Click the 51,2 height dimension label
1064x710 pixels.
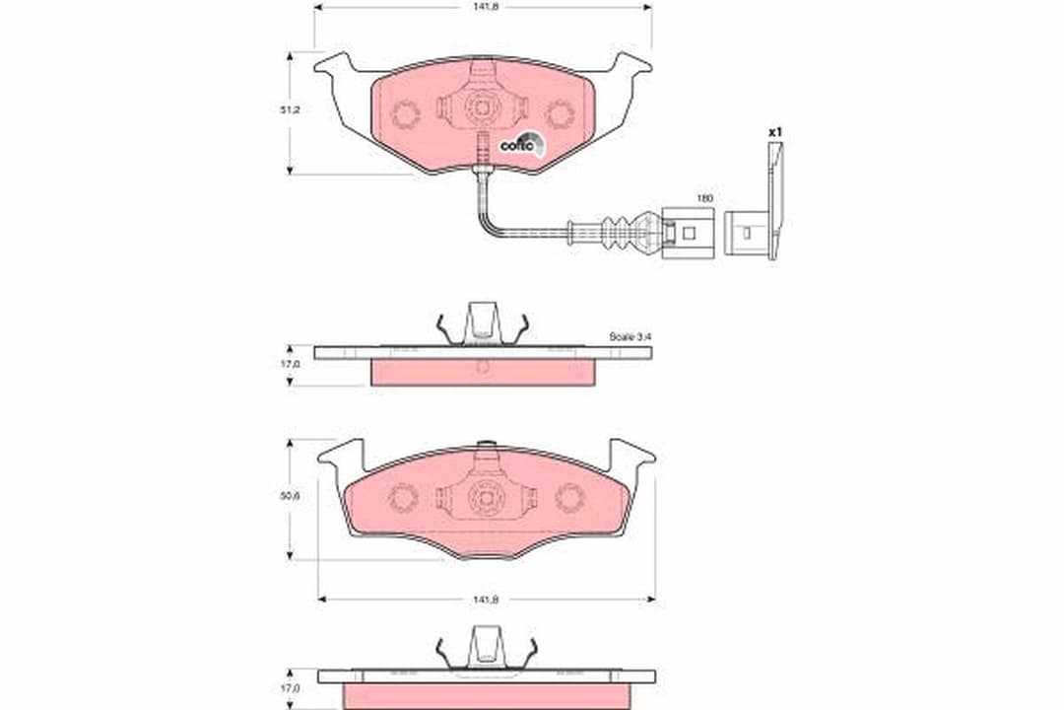pyautogui.click(x=289, y=110)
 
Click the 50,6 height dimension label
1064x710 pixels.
pyautogui.click(x=289, y=496)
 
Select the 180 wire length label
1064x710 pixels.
pyautogui.click(x=704, y=198)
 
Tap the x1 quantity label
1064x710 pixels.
pyautogui.click(x=774, y=131)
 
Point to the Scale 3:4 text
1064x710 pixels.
pyautogui.click(x=630, y=336)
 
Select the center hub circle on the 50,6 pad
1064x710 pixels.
pyautogui.click(x=486, y=496)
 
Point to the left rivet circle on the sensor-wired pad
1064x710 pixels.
pyautogui.click(x=404, y=114)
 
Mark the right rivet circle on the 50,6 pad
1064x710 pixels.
pyautogui.click(x=568, y=497)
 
